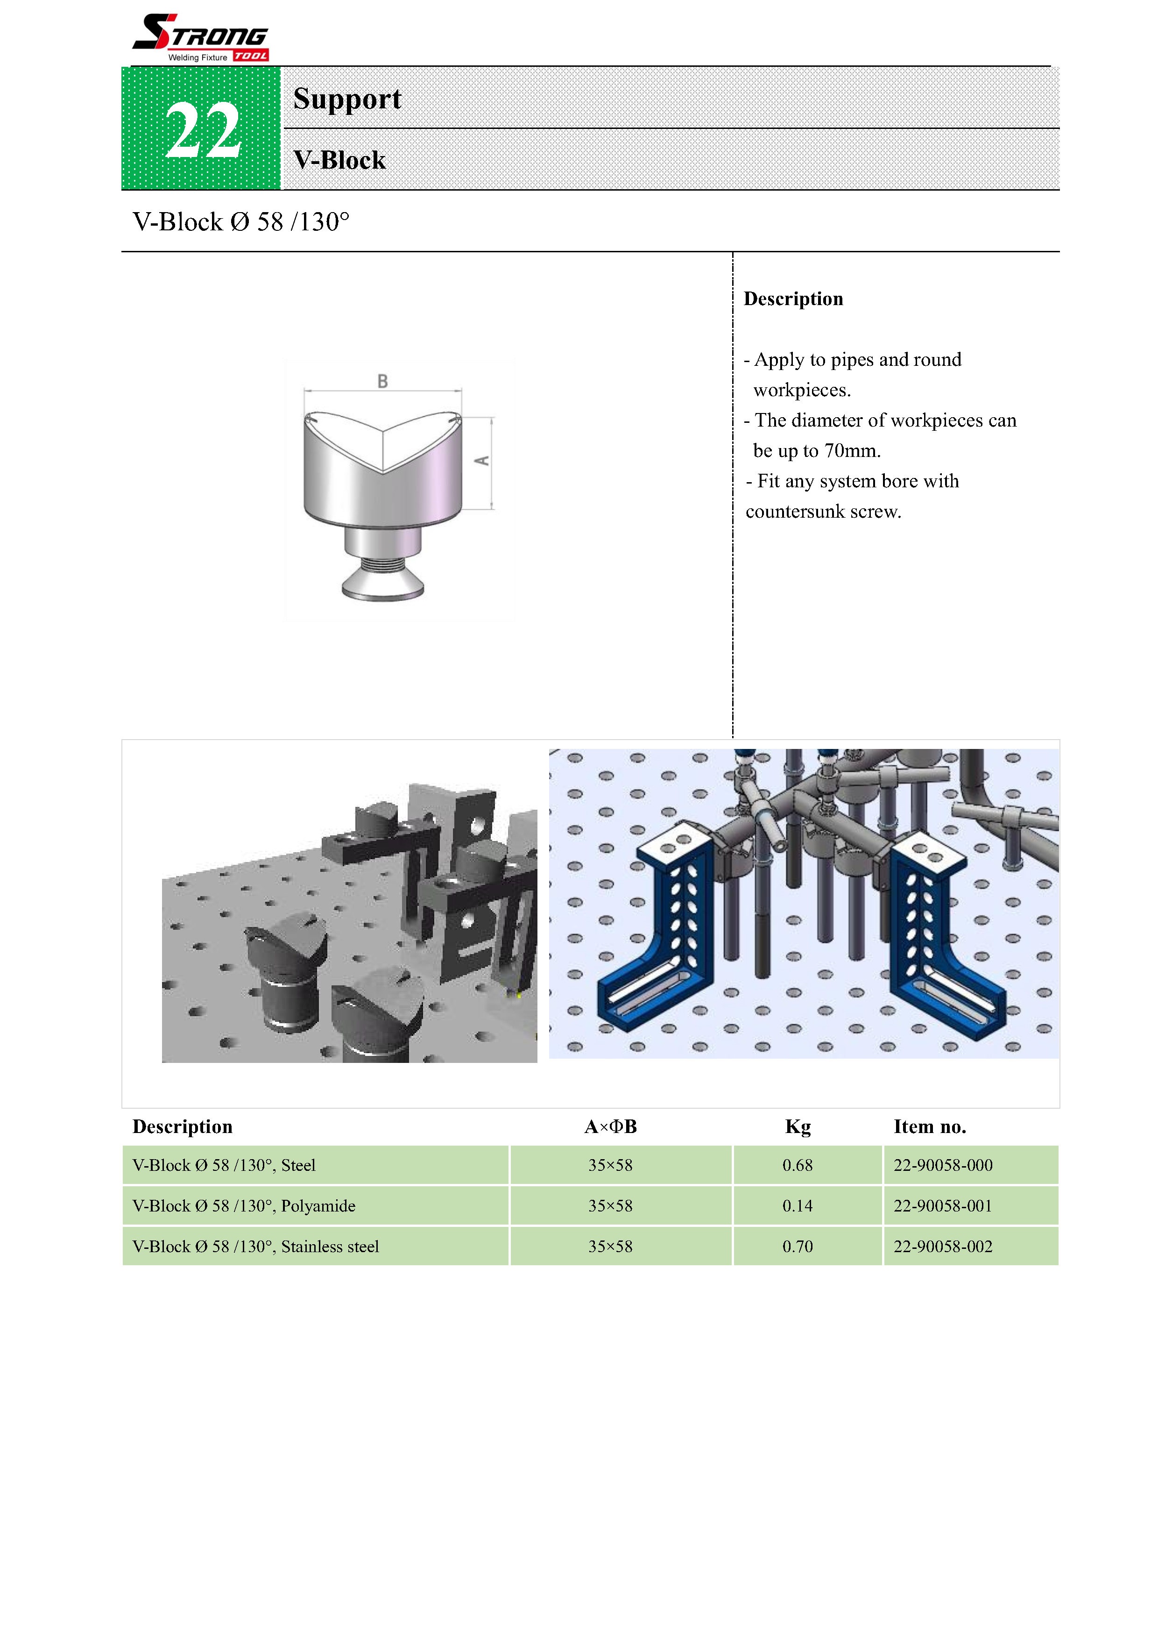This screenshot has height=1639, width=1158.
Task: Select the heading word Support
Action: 347,99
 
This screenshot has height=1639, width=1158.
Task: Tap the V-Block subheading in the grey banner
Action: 339,160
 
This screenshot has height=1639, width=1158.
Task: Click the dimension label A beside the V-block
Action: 482,460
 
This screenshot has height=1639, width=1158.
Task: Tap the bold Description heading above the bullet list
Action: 793,299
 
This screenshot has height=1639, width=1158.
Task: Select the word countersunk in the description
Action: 794,511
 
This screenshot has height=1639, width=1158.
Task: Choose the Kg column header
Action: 797,1126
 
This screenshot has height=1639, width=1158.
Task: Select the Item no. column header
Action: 929,1126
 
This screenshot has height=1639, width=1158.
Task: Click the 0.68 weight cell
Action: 797,1165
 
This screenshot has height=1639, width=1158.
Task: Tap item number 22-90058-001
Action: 943,1206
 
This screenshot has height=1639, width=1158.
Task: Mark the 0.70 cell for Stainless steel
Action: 797,1247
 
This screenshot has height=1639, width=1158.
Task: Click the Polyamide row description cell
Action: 244,1206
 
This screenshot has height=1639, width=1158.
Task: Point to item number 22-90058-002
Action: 943,1247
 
